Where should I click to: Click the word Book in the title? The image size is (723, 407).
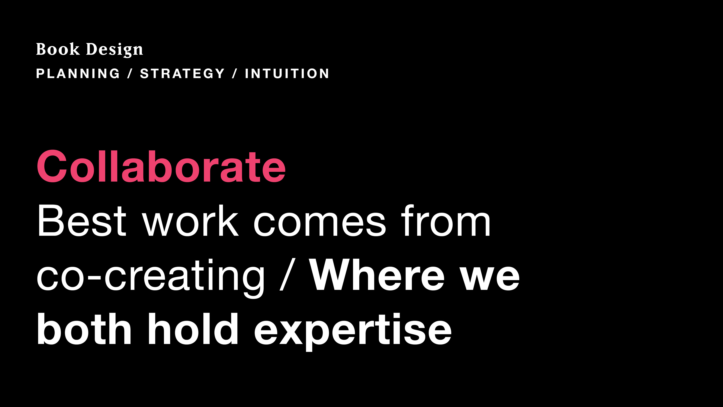[x=58, y=49]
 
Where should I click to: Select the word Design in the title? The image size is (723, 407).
[x=114, y=50]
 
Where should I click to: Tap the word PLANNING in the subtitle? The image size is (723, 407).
[x=78, y=74]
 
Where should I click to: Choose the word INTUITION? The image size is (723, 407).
[x=287, y=74]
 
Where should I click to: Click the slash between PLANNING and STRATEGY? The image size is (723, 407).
[x=130, y=74]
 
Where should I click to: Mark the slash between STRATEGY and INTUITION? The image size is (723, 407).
[x=235, y=74]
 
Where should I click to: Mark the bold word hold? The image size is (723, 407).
[x=193, y=329]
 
